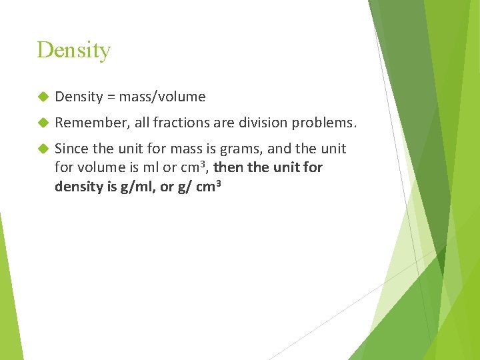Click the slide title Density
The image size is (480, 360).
[73, 50]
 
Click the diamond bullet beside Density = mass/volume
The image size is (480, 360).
[43, 97]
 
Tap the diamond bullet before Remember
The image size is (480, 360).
[43, 123]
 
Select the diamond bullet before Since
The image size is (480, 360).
[43, 149]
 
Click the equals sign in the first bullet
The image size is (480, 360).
[111, 97]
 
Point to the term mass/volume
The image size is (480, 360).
[163, 97]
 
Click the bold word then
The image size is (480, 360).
[229, 167]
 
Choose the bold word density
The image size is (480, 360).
[78, 187]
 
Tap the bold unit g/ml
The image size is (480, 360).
[133, 187]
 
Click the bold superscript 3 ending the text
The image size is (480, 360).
[217, 182]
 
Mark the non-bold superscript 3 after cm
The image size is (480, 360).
[204, 163]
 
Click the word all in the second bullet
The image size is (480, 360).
[138, 123]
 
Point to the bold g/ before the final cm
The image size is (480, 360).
[185, 187]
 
